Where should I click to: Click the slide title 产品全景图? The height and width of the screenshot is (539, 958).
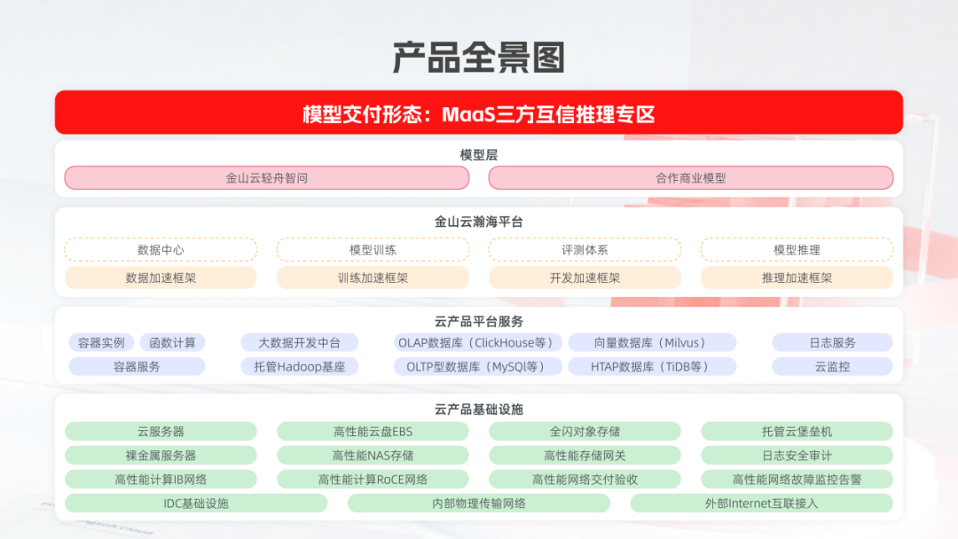tap(478, 58)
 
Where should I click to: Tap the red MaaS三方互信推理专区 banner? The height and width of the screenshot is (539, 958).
tap(479, 113)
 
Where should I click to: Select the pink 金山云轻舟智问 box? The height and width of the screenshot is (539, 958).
tap(267, 178)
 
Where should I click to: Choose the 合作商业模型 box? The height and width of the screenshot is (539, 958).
tap(691, 178)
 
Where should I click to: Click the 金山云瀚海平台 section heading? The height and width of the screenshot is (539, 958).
tap(479, 222)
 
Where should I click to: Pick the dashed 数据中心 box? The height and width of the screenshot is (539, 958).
tap(161, 250)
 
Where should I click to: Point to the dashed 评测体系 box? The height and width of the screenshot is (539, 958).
tap(585, 250)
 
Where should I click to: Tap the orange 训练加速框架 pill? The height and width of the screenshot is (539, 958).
tap(373, 277)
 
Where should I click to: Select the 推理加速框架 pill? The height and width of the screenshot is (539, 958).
tap(797, 277)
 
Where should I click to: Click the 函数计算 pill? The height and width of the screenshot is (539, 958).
tap(172, 343)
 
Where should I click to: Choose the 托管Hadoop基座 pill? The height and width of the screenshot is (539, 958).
tap(300, 367)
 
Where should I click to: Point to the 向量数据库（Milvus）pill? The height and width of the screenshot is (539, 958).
tap(652, 343)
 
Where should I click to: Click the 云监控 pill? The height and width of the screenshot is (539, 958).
tap(832, 367)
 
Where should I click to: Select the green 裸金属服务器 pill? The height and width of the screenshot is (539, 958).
tap(161, 456)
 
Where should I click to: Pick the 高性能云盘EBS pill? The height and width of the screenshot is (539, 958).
tap(373, 432)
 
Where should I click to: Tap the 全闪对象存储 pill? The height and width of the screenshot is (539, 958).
tap(585, 432)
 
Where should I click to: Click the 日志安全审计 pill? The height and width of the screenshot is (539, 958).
tap(797, 456)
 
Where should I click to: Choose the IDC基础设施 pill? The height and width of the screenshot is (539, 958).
tap(196, 504)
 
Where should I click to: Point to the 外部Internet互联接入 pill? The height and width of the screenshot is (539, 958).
tap(761, 504)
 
